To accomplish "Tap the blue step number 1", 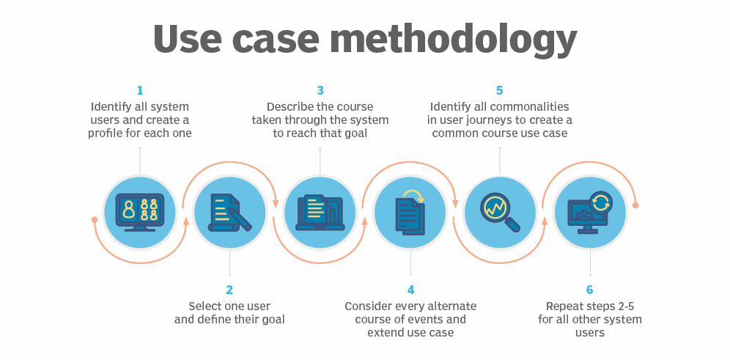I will click(140, 91).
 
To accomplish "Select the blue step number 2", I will click(229, 290).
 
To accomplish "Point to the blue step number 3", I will click(320, 91).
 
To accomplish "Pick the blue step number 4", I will click(410, 290).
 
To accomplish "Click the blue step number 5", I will click(500, 91).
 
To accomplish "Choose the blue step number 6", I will click(590, 290).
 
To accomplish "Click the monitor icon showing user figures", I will click(140, 211).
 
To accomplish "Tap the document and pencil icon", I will click(229, 213).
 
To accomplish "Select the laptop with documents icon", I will click(320, 213).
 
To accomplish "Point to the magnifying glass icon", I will click(500, 213).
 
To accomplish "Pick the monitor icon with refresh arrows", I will click(590, 213).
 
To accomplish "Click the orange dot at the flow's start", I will click(95, 219).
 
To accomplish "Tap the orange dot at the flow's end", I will click(635, 205).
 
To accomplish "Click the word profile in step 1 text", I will click(108, 133).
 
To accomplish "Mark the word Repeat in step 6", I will click(564, 306).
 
